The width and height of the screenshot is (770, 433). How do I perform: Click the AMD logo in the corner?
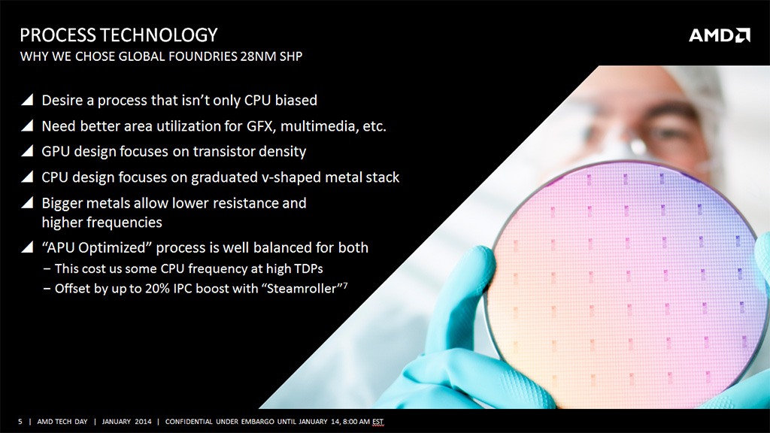pyautogui.click(x=720, y=35)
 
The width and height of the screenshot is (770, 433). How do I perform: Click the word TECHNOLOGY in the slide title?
pyautogui.click(x=159, y=35)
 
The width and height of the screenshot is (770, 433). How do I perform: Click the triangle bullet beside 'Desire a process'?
pyautogui.click(x=28, y=100)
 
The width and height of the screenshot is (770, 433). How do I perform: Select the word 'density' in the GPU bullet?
pyautogui.click(x=283, y=152)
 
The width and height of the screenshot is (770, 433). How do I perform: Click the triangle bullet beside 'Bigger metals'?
pyautogui.click(x=28, y=202)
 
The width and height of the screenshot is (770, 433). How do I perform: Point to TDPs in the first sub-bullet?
pyautogui.click(x=308, y=268)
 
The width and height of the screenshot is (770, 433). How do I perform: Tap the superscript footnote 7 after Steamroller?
pyautogui.click(x=345, y=285)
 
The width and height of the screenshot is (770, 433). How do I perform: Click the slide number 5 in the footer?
pyautogui.click(x=20, y=421)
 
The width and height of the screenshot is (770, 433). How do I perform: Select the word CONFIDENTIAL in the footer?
pyautogui.click(x=189, y=421)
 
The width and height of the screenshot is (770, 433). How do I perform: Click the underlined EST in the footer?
pyautogui.click(x=377, y=422)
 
